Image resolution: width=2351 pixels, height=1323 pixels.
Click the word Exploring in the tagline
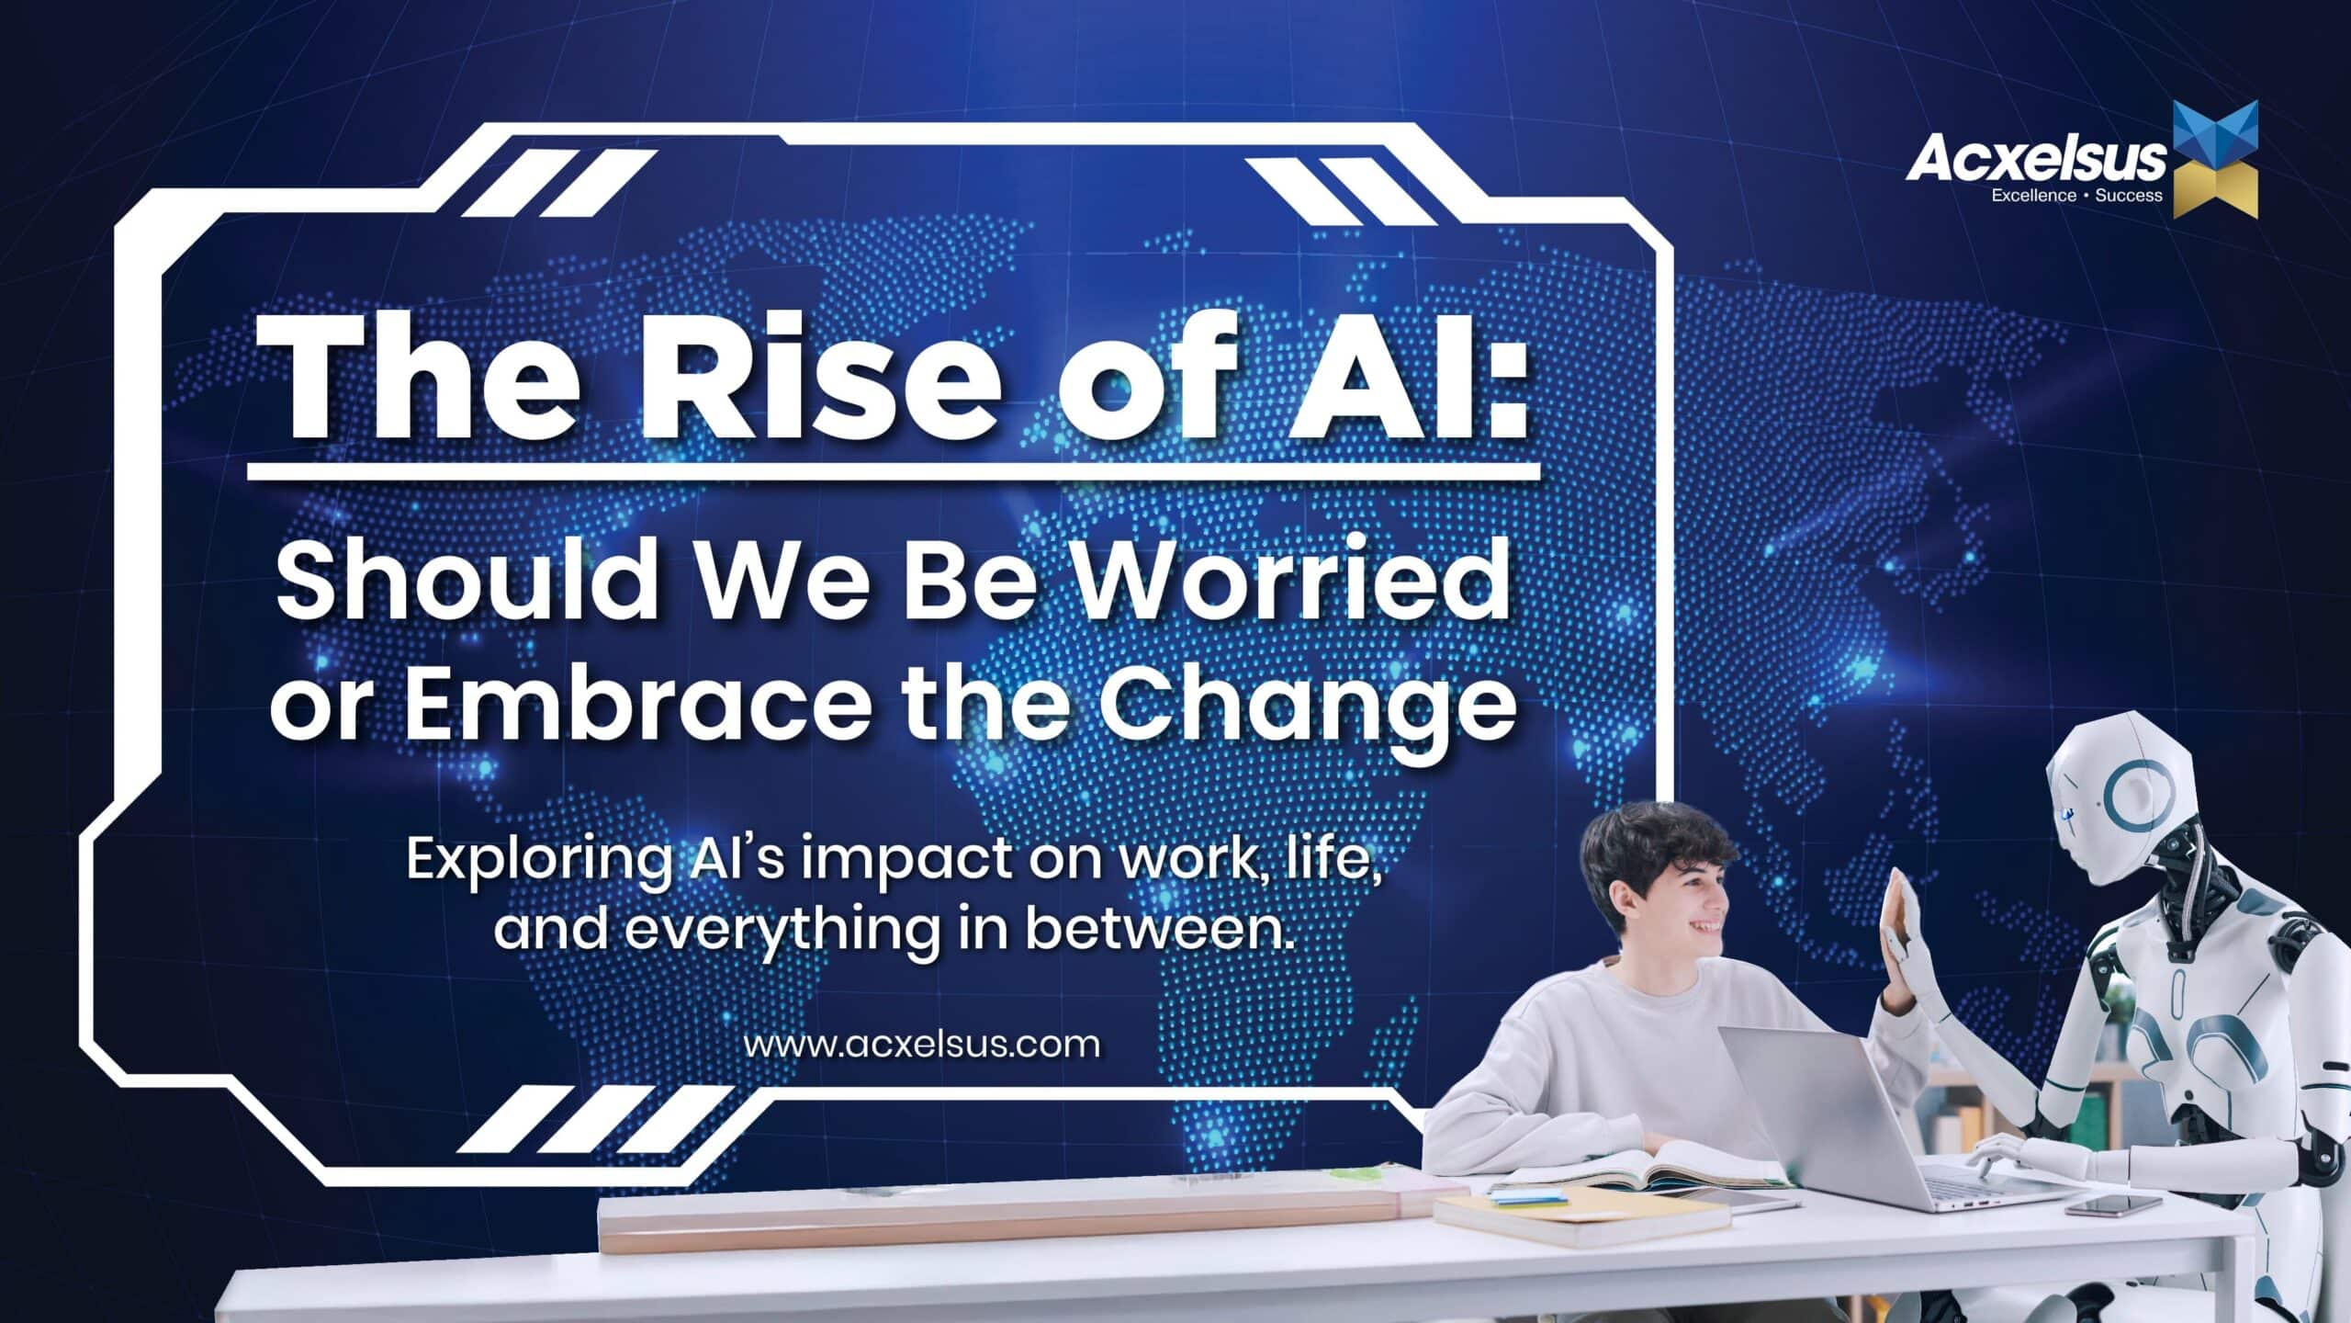[537, 861]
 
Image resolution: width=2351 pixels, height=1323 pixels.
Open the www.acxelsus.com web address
[921, 1045]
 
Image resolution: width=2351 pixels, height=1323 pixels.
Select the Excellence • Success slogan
[2076, 196]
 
